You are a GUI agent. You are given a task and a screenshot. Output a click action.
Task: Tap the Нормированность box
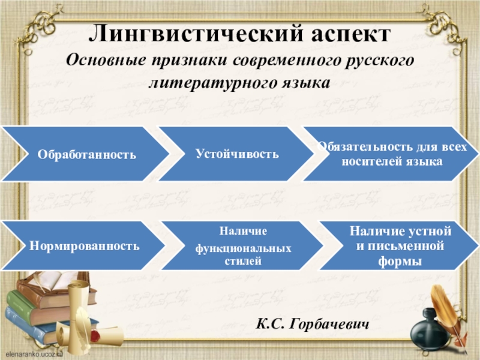pyautogui.click(x=84, y=246)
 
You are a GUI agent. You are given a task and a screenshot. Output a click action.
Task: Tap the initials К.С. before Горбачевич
pyautogui.click(x=269, y=324)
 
